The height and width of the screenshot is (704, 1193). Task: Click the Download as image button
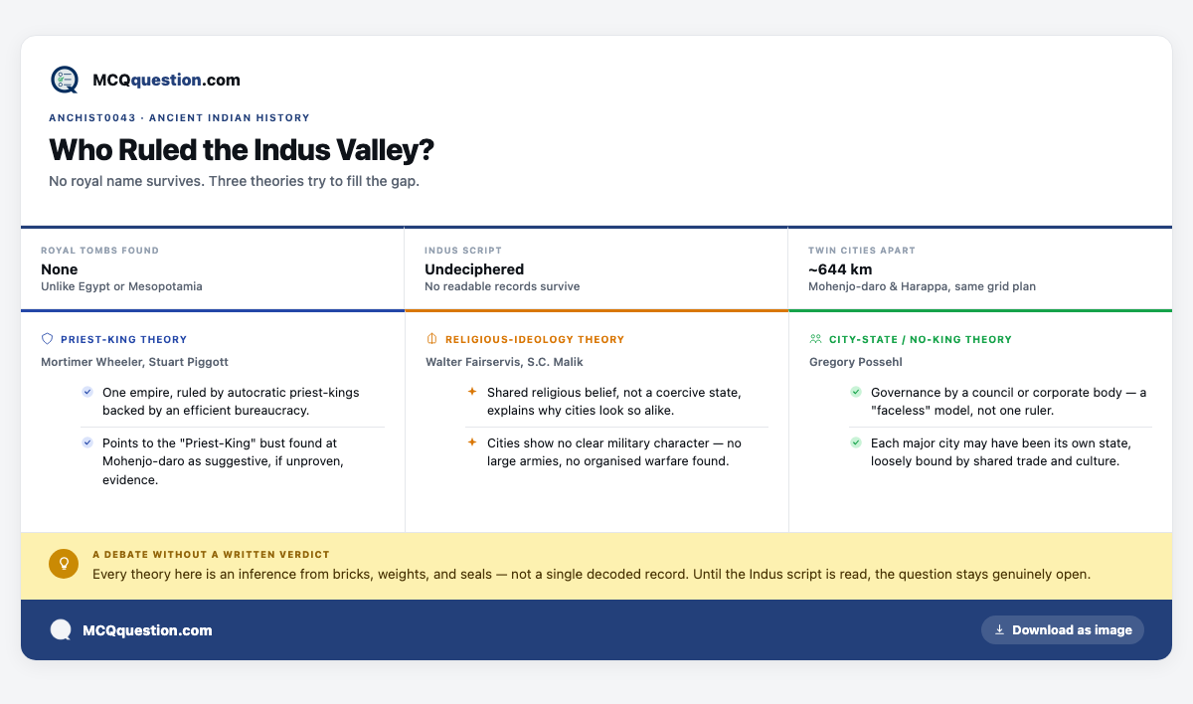click(1063, 630)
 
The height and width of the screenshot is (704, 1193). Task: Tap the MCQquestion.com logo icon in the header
click(65, 80)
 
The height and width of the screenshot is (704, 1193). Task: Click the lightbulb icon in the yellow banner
click(64, 564)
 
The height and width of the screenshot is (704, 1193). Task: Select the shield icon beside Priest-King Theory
click(48, 339)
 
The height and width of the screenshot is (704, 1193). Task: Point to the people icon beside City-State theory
click(815, 339)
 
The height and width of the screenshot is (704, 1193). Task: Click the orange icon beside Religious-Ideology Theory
click(431, 339)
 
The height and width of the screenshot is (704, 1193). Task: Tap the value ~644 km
click(840, 269)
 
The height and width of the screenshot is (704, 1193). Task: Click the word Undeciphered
click(474, 269)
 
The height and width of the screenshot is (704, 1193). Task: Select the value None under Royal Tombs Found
click(59, 269)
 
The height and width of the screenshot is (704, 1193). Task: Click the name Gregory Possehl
click(855, 362)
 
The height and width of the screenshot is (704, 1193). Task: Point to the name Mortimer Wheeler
click(92, 362)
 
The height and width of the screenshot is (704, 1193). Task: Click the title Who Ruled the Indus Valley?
click(242, 149)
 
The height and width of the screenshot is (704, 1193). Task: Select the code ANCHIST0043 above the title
click(92, 117)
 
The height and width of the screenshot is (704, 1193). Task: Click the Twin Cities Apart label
click(862, 251)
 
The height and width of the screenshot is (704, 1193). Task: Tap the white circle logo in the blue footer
click(61, 630)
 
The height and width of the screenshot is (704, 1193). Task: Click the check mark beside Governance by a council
click(856, 392)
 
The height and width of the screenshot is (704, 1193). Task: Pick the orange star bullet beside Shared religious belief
click(472, 392)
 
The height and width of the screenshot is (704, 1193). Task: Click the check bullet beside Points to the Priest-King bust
click(87, 442)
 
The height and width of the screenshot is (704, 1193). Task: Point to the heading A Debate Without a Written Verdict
click(211, 555)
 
